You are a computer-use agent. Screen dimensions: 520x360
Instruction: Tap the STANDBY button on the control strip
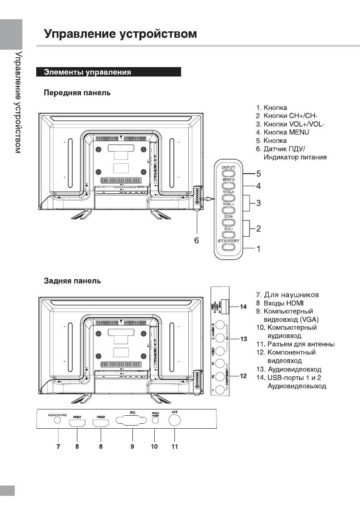tap(228, 247)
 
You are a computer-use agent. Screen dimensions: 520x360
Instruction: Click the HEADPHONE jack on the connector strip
tap(57, 420)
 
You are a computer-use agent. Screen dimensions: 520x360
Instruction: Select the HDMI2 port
tap(100, 422)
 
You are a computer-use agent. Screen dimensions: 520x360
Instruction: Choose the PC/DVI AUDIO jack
tap(155, 421)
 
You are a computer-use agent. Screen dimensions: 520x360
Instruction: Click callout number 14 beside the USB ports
tap(243, 307)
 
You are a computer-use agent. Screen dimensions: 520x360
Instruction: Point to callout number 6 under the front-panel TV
tap(196, 240)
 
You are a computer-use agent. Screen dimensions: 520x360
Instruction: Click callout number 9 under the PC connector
tap(132, 447)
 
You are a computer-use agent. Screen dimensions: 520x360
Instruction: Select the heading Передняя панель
tap(77, 93)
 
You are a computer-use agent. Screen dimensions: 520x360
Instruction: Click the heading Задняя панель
tap(72, 281)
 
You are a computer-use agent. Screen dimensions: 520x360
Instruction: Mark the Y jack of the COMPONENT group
tap(220, 389)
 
